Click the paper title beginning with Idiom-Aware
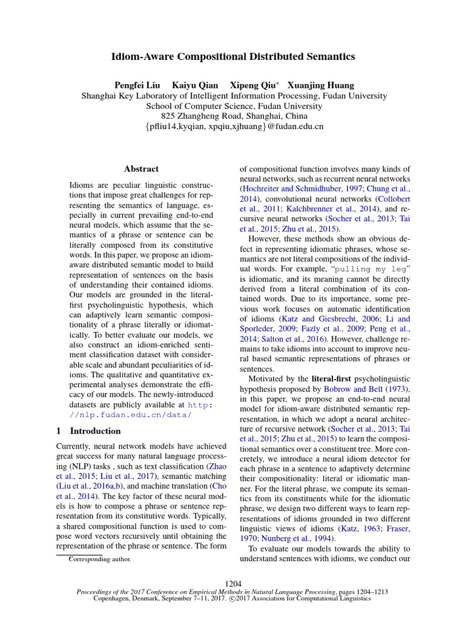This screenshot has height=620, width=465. pos(232,56)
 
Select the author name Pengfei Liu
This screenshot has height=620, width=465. pos(137,85)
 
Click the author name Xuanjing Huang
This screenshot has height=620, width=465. pos(320,85)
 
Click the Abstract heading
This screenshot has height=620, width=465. pos(141,169)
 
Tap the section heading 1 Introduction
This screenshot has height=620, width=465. pos(88,431)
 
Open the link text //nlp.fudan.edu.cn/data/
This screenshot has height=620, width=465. pos(124,414)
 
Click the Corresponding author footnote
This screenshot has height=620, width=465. pos(99,559)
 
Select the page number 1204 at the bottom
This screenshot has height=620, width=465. pos(233,584)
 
